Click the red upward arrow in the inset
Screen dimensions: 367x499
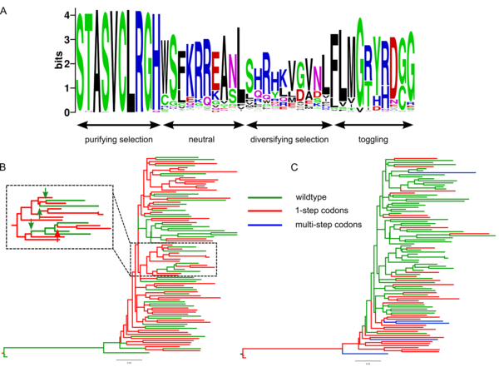tap(56, 240)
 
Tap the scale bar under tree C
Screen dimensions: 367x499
tap(368, 360)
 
